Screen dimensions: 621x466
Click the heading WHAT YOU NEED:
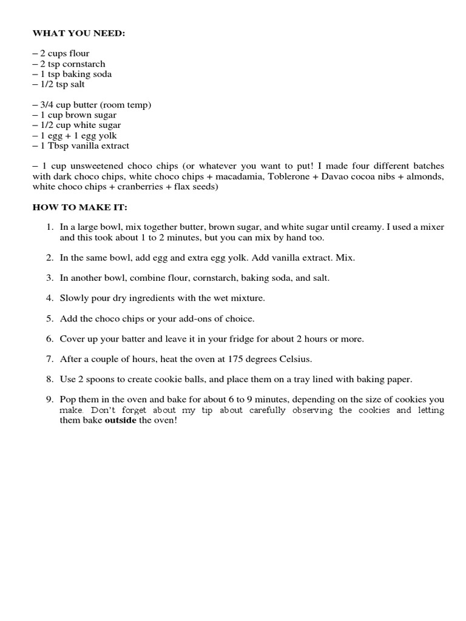(78, 33)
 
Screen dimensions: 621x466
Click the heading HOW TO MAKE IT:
(79, 207)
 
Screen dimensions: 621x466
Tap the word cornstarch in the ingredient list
(84, 64)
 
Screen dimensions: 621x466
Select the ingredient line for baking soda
(72, 74)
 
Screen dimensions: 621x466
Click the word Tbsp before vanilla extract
(58, 146)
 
